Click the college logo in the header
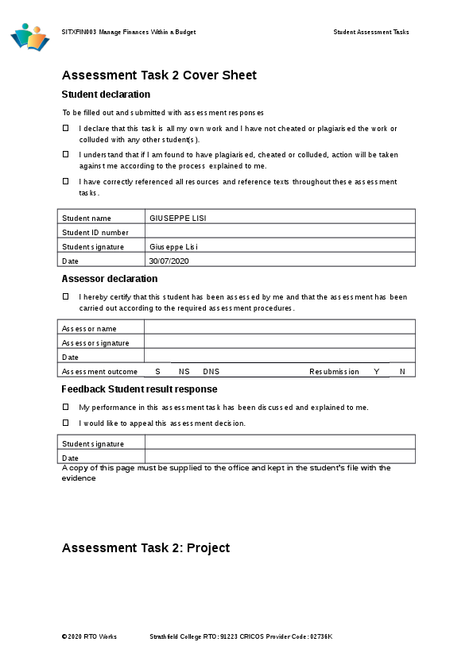[x=30, y=37]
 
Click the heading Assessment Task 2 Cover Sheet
[x=159, y=75]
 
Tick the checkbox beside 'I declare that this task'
[x=66, y=128]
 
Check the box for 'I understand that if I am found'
[x=66, y=154]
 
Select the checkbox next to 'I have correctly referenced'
[x=66, y=181]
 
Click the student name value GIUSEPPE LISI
[x=172, y=218]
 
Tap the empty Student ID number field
[x=279, y=232]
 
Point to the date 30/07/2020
[x=169, y=261]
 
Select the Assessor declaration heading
[x=110, y=279]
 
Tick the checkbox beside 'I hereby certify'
[x=66, y=296]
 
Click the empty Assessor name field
[x=279, y=327]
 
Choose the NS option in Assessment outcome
[x=184, y=372]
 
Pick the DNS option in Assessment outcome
[x=211, y=372]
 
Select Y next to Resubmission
[x=376, y=372]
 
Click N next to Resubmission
[x=402, y=372]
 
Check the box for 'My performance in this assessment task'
[x=66, y=407]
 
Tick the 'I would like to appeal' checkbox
[x=66, y=423]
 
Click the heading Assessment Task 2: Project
[x=145, y=548]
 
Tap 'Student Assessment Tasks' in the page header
[x=371, y=33]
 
